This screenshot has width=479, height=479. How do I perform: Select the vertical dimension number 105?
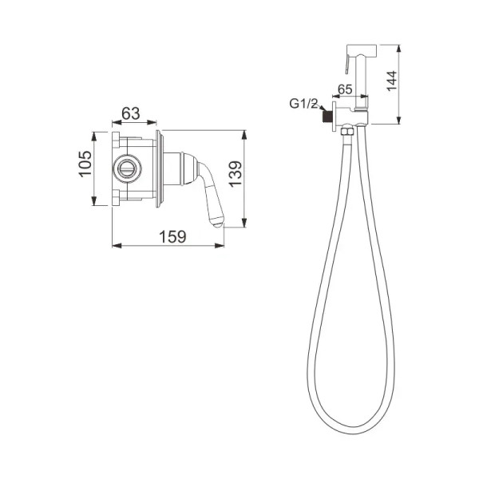87,165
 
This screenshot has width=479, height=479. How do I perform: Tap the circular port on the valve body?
127,168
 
